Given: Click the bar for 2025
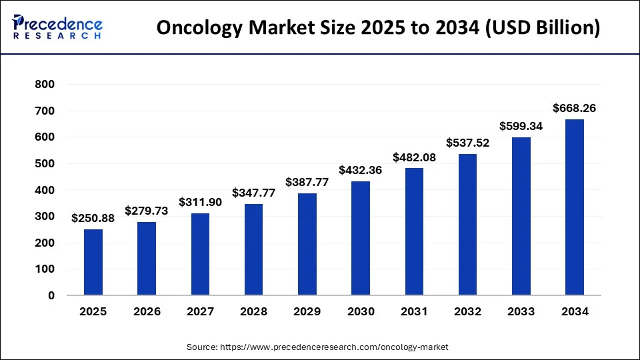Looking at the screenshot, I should [x=93, y=262].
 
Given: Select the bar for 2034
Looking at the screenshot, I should [x=575, y=207].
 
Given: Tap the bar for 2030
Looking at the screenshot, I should [x=361, y=238].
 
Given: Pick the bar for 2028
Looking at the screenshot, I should [x=253, y=249].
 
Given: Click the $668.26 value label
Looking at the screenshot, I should [x=575, y=108].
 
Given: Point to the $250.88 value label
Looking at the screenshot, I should [x=93, y=218].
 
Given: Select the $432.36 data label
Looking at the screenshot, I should [x=361, y=170].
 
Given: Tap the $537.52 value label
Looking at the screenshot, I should [x=467, y=143].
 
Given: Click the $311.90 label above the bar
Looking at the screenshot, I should [x=200, y=202].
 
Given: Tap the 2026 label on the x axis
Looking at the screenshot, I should [x=147, y=311].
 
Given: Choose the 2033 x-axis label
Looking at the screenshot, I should [x=521, y=311].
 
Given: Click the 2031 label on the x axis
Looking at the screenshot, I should [x=414, y=311].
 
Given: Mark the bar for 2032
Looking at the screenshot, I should [x=467, y=225].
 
